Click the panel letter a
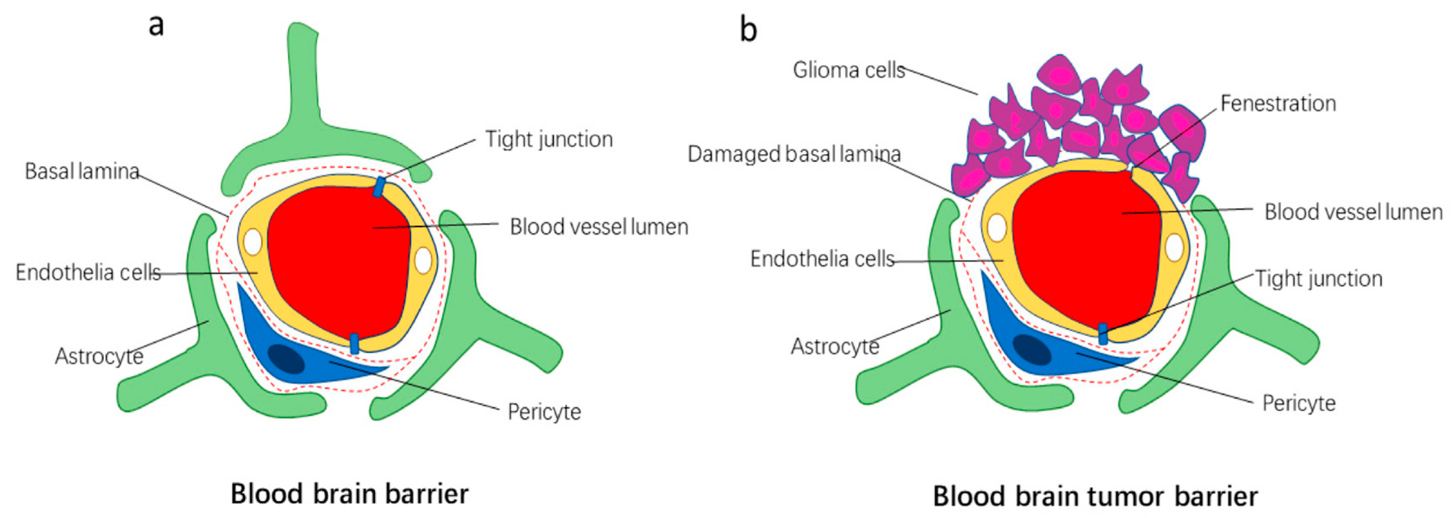coord(156,26)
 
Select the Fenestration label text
coord(1278,103)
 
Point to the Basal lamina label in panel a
coord(82,171)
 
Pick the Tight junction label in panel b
coord(1319,278)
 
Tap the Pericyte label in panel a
coord(544,412)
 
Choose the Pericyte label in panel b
coord(1299,403)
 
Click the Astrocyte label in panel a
coord(99,356)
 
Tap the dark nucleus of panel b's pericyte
coord(1032,349)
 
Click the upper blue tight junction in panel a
coord(379,187)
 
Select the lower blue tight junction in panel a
coord(354,344)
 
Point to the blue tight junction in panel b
coord(1103,334)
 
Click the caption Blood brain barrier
coord(350,494)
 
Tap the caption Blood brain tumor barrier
coord(1095,496)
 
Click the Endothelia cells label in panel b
coord(822,259)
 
